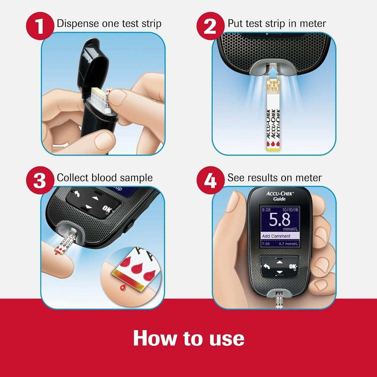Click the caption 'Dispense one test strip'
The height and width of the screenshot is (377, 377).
[109, 24]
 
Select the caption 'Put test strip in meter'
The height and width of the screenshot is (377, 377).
[276, 24]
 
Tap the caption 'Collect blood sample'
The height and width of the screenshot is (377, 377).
[104, 178]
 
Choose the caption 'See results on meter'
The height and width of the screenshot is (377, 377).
[274, 178]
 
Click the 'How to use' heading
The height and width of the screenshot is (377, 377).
[188, 338]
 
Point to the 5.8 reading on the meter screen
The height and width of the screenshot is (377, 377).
[280, 220]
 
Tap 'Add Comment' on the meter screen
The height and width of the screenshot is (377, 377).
[276, 236]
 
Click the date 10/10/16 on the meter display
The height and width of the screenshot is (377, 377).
[290, 210]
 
